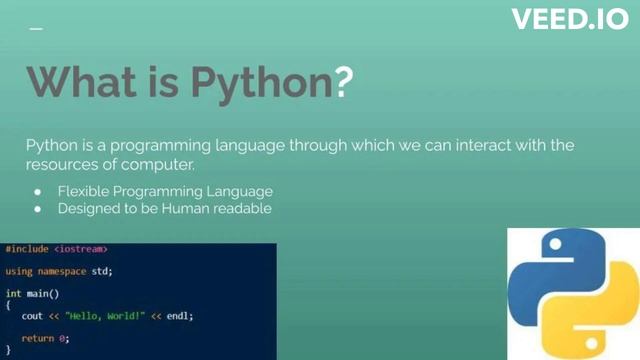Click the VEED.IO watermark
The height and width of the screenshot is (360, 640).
570,19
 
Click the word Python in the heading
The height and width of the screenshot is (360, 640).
249,81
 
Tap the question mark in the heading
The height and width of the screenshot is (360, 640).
343,81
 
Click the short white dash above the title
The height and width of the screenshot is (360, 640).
36,29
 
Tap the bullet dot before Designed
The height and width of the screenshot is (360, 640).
37,209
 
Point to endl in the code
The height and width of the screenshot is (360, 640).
177,316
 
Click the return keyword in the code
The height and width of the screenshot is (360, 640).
37,339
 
